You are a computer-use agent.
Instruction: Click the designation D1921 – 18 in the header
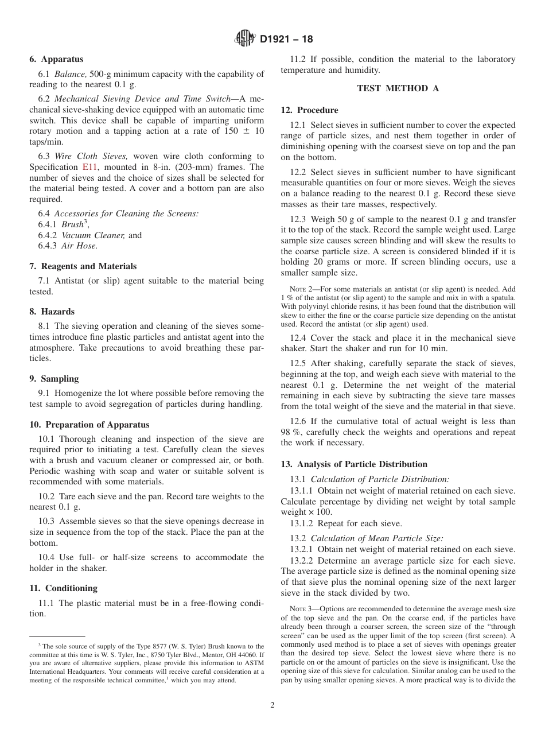[286, 40]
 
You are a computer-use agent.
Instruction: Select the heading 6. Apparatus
[56, 59]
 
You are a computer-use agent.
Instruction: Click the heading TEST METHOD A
[398, 88]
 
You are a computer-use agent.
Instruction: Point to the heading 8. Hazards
[52, 312]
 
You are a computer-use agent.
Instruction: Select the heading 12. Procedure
[309, 110]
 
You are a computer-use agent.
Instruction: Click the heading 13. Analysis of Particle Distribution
[354, 464]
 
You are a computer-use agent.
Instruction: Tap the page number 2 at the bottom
[272, 705]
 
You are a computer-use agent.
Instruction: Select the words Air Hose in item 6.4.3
[79, 246]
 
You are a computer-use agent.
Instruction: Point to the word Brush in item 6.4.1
[72, 225]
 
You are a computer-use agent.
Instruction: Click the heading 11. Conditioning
[63, 588]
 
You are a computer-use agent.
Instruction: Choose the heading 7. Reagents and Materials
[83, 266]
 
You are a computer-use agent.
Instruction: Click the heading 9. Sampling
[54, 379]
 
